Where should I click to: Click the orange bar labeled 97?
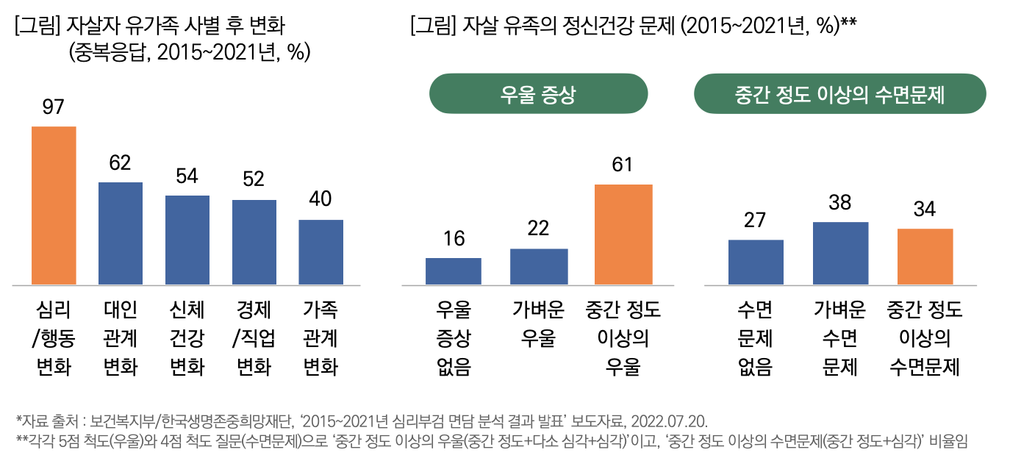[x=54, y=205]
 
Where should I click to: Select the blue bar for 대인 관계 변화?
[x=121, y=233]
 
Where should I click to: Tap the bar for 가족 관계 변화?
[x=320, y=251]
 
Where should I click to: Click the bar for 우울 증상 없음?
[x=454, y=271]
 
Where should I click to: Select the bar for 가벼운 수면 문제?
[x=840, y=253]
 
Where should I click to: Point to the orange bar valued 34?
[x=925, y=256]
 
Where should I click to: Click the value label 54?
[x=187, y=176]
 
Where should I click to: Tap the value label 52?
[x=254, y=180]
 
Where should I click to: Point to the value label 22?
[x=538, y=229]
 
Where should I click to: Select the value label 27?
[x=755, y=220]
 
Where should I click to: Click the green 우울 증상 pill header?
[x=538, y=94]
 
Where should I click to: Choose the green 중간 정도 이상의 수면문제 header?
[x=839, y=94]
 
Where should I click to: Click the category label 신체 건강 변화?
[x=187, y=338]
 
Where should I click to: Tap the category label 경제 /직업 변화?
[x=254, y=338]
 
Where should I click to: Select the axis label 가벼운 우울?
[x=538, y=324]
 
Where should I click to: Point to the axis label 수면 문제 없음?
[x=755, y=338]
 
